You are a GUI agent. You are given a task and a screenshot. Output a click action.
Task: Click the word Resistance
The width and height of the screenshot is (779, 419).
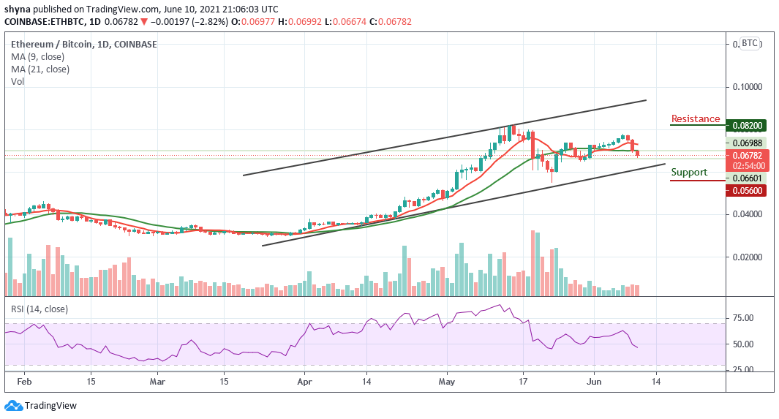tap(695, 119)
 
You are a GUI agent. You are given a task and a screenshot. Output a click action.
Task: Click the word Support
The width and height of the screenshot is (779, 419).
tap(688, 173)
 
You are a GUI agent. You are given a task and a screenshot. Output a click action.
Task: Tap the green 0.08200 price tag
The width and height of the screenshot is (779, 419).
tap(746, 126)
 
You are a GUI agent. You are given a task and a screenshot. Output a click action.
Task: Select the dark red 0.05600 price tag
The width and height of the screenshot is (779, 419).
tap(746, 191)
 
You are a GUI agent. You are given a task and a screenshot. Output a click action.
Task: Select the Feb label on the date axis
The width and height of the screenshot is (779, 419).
tap(24, 381)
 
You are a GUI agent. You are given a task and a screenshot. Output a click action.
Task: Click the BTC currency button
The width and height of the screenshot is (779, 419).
tap(750, 43)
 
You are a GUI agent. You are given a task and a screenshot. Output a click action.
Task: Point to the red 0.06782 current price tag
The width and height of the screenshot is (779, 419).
tap(746, 155)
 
